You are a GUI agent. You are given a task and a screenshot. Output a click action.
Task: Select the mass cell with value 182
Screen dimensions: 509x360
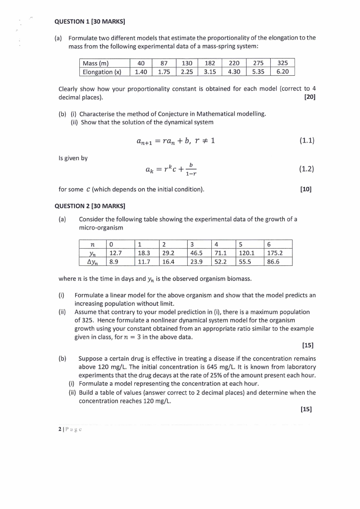209,64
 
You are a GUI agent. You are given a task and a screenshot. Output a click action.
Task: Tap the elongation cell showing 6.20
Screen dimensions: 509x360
282,72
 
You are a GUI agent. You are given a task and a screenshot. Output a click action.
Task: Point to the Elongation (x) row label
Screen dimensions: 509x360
102,72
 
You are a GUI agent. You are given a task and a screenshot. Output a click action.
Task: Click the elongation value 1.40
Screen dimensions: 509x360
141,72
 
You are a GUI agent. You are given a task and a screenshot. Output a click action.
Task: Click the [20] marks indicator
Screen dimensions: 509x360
310,97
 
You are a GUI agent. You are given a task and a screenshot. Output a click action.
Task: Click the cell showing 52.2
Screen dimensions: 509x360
221,261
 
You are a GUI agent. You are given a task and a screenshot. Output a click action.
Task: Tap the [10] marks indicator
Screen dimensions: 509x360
306,189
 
